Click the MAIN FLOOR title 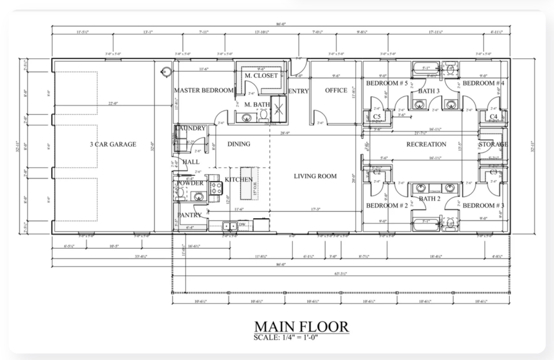tap(301, 327)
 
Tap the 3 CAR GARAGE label tap(113, 145)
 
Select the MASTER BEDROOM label tap(203, 90)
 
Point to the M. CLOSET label tap(261, 75)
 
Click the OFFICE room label tap(336, 90)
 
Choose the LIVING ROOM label tap(315, 176)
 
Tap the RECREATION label tap(426, 145)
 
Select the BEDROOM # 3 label tap(483, 206)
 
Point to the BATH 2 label tap(430, 199)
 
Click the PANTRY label tap(189, 215)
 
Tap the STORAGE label tap(493, 145)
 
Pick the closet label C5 tap(377, 117)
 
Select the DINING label tap(239, 144)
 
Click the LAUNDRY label tap(190, 128)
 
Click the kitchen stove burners tap(216, 188)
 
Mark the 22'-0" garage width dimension tap(113, 104)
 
